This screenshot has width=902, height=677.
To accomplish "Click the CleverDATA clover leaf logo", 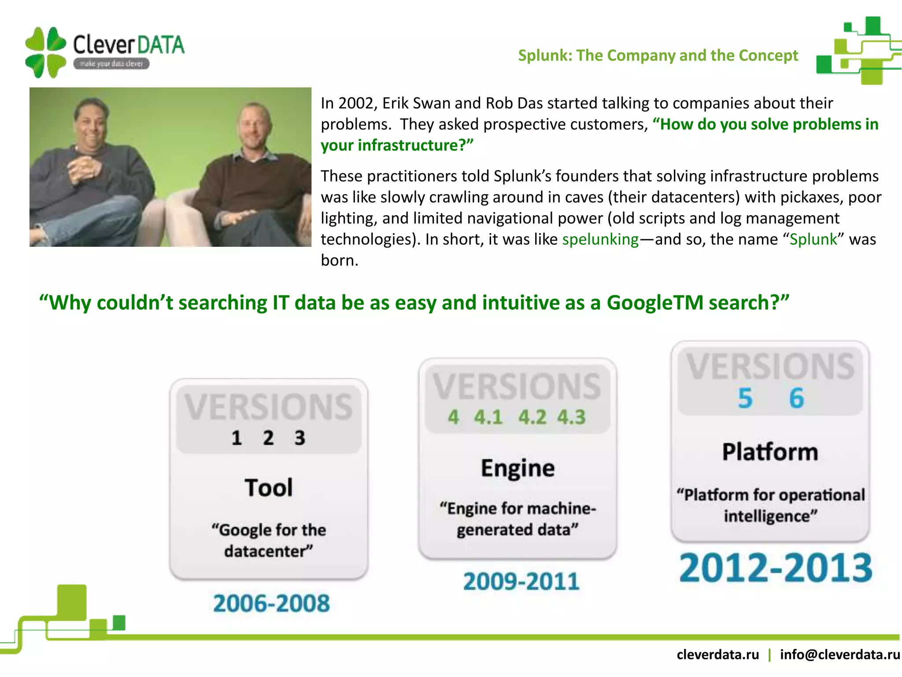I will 45,52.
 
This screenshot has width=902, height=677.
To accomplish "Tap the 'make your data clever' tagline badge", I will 111,64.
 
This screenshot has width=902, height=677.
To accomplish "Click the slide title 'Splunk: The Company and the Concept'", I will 658,56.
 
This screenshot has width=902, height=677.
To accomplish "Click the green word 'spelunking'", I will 600,239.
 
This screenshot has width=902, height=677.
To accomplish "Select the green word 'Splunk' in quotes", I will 813,239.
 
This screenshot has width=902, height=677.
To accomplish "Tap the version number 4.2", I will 532,417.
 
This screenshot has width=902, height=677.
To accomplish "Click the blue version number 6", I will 796,398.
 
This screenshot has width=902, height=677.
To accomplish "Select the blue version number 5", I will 745,398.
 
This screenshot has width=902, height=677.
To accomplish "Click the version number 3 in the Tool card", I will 300,438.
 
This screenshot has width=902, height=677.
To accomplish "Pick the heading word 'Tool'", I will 269,488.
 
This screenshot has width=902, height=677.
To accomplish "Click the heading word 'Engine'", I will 518,468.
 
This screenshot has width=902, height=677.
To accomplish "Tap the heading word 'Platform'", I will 770,452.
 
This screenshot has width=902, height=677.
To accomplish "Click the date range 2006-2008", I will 271,603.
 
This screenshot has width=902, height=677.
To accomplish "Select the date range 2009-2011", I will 521,581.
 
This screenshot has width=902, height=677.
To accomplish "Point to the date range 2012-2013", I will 775,568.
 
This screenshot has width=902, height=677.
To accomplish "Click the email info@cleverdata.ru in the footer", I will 839,655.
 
